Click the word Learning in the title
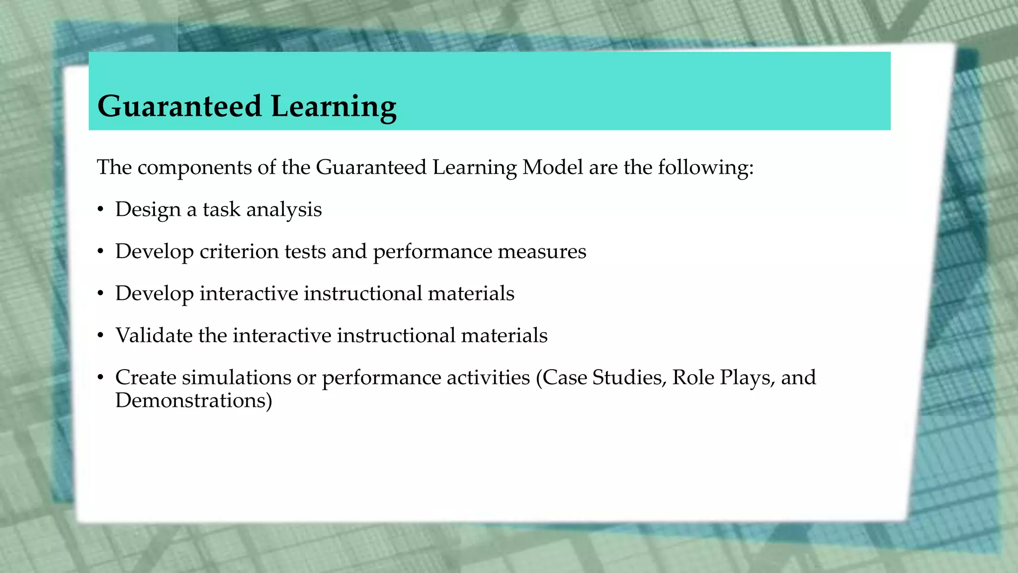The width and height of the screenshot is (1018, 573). tap(334, 106)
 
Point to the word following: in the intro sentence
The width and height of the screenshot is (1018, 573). tap(705, 167)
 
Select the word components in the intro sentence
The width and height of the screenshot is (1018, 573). tap(194, 168)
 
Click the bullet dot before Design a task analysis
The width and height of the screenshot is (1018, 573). tap(100, 210)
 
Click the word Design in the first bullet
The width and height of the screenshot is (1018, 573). tap(148, 210)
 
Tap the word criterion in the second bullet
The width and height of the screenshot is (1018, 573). tap(239, 252)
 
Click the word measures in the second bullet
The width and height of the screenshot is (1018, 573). tap(542, 252)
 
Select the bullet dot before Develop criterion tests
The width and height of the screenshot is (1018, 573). tap(100, 252)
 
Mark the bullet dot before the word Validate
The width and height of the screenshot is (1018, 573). tap(100, 336)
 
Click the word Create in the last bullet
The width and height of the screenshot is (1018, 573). tap(146, 378)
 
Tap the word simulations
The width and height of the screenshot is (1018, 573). tap(236, 378)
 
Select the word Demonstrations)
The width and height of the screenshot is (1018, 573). tap(193, 400)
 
